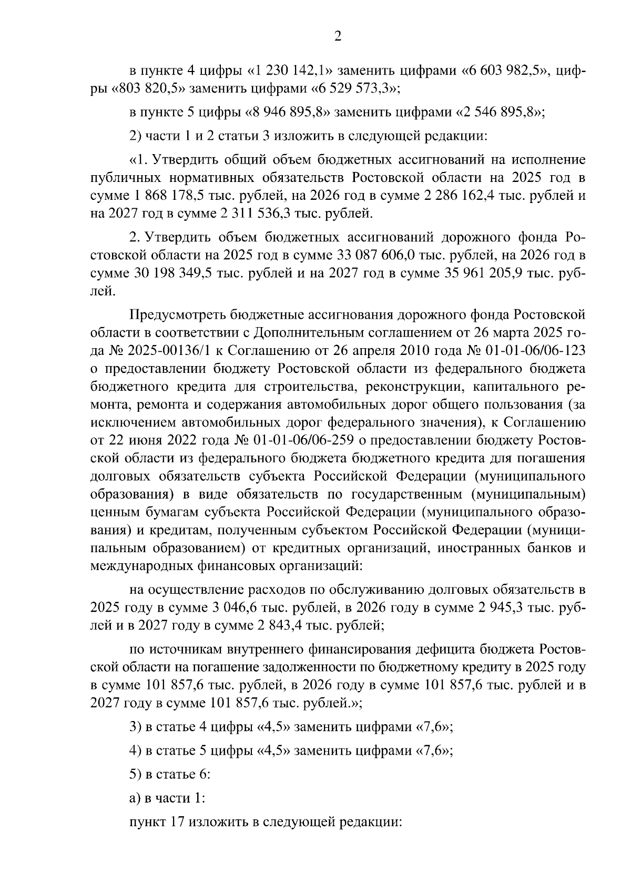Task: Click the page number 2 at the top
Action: pos(338,37)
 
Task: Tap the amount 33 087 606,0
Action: pos(375,256)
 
